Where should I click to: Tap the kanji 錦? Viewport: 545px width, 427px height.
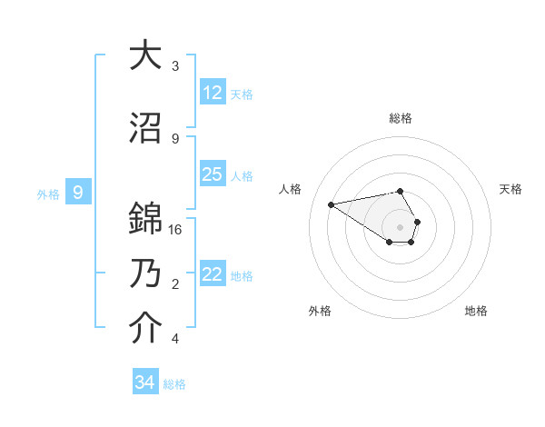145,219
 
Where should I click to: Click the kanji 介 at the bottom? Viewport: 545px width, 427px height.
145,328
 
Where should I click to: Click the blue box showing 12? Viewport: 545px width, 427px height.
213,92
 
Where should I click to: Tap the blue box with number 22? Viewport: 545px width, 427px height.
213,274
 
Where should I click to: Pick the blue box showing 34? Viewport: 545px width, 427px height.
145,382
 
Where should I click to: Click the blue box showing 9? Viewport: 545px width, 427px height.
79,193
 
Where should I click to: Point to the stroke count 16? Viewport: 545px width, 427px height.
175,230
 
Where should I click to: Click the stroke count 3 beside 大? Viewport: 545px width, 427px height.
175,66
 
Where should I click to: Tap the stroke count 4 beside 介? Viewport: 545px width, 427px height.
175,339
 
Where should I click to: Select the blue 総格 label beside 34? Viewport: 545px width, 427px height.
174,384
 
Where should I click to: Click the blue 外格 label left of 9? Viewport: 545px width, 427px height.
47,194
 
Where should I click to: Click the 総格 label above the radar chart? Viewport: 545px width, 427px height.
400,118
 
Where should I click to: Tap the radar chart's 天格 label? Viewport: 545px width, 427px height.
510,189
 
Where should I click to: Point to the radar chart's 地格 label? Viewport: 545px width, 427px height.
476,311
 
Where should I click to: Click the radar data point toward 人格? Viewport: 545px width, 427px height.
332,204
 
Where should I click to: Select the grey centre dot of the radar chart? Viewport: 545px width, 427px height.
400,226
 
